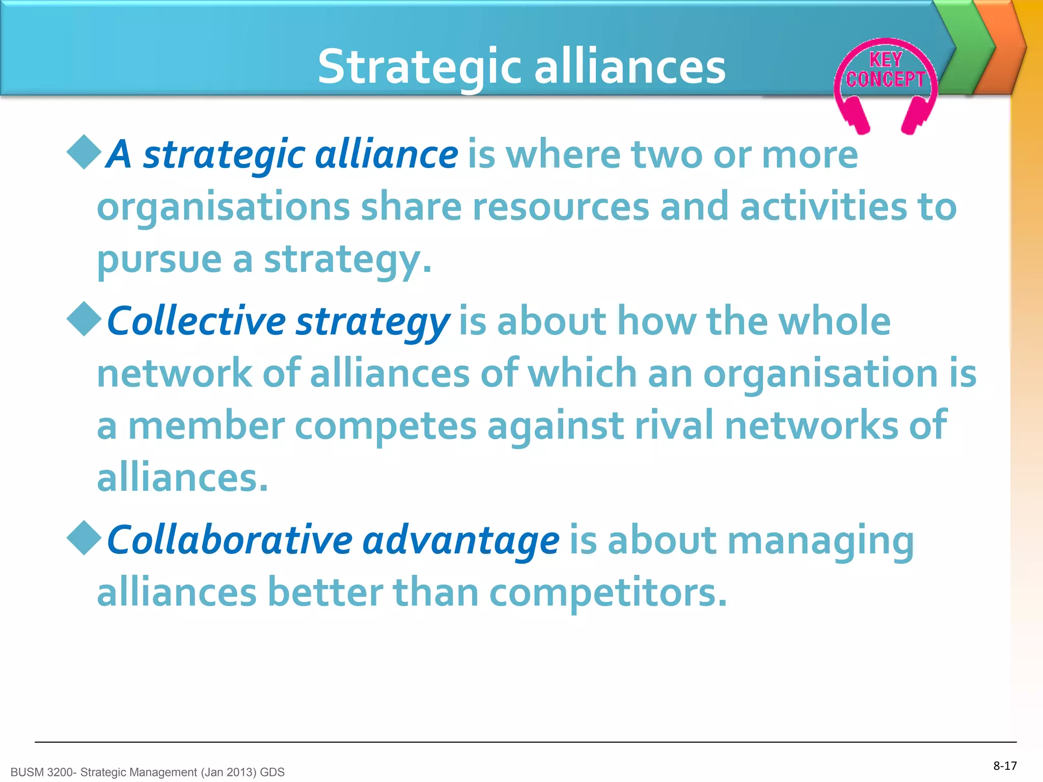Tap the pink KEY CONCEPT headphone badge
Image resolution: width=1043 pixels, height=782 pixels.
click(885, 76)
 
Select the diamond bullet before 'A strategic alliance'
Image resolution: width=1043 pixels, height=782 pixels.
click(84, 152)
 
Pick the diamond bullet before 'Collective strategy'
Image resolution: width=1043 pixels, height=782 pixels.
click(84, 319)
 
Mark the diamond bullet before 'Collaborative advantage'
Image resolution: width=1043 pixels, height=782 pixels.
click(84, 538)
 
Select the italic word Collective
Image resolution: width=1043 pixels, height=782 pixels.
click(197, 322)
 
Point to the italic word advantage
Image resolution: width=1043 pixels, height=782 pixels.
click(461, 541)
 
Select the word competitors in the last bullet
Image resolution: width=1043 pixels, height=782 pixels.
click(608, 593)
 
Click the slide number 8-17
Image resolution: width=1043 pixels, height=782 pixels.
click(1005, 766)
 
